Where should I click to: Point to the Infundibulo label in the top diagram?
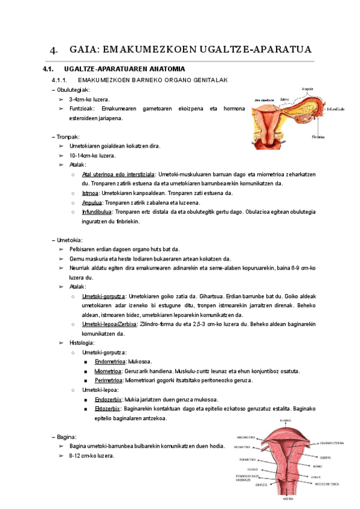(x=335, y=110)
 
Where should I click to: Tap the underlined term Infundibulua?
(x=97, y=212)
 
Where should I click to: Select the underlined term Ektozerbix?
(x=109, y=409)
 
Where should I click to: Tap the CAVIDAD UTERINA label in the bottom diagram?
(x=331, y=444)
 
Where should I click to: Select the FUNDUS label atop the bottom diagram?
(x=286, y=421)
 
